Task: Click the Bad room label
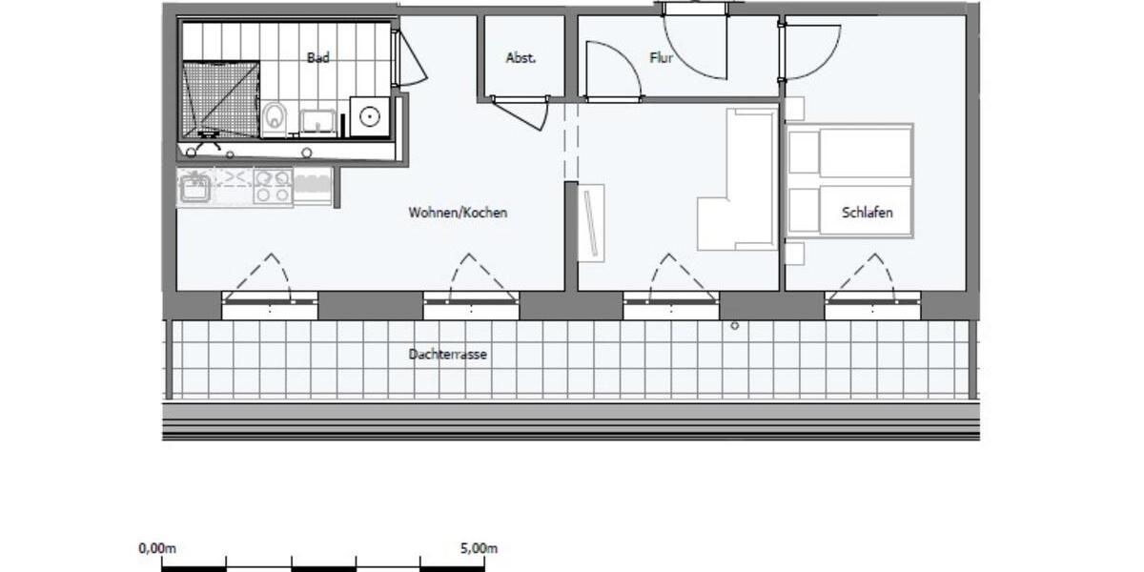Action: [x=318, y=58]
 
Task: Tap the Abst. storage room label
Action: [x=521, y=58]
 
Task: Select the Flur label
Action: [x=661, y=58]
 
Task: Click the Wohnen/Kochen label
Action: [x=458, y=213]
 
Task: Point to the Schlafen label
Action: [x=868, y=213]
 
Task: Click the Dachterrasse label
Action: [x=448, y=354]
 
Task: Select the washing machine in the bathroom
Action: [x=368, y=117]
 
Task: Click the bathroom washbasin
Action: [x=317, y=121]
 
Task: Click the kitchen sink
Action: [x=196, y=186]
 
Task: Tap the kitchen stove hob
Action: [x=274, y=185]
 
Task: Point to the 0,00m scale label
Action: [x=158, y=548]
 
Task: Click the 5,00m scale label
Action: [x=479, y=548]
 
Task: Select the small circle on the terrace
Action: [x=735, y=326]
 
